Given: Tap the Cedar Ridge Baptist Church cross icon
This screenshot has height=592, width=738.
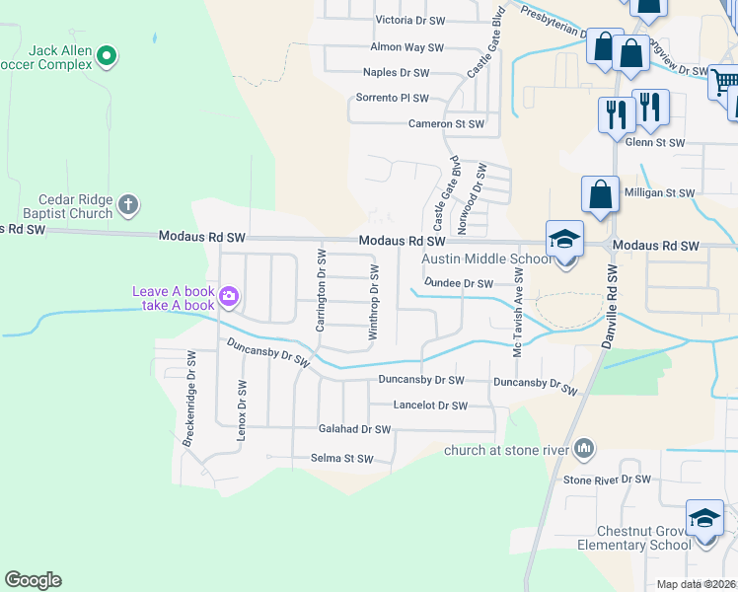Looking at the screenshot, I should point(126,206).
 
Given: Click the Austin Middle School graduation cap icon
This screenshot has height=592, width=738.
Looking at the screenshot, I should point(565,239).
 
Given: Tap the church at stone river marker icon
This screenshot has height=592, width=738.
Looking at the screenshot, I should point(585,450).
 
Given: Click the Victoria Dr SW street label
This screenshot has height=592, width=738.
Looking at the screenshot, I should point(413,20).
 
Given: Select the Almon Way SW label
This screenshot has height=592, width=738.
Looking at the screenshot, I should point(406,46).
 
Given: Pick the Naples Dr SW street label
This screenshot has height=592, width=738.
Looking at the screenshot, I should point(396,73).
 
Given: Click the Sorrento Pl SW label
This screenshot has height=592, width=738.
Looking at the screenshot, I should point(393,99).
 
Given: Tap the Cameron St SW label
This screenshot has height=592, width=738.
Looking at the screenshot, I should point(446,124).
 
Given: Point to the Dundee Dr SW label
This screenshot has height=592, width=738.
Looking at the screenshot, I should point(458,283).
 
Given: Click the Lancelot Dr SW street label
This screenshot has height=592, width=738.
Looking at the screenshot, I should point(429,406).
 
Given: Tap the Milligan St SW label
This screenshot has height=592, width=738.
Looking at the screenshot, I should point(660,193).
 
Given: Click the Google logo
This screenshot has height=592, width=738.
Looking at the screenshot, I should point(33,580).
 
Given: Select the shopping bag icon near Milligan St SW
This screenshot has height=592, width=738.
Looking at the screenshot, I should point(600,194).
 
